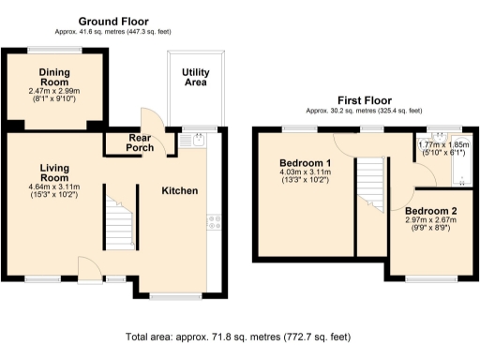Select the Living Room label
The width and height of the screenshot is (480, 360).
(x=54, y=172)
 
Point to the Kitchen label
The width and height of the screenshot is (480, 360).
(x=180, y=190)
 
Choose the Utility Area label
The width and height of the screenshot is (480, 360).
(x=195, y=77)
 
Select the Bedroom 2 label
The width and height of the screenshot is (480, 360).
(x=428, y=213)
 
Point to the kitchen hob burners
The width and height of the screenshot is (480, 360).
(x=213, y=222)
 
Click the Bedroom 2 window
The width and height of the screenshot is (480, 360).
(x=433, y=278)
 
